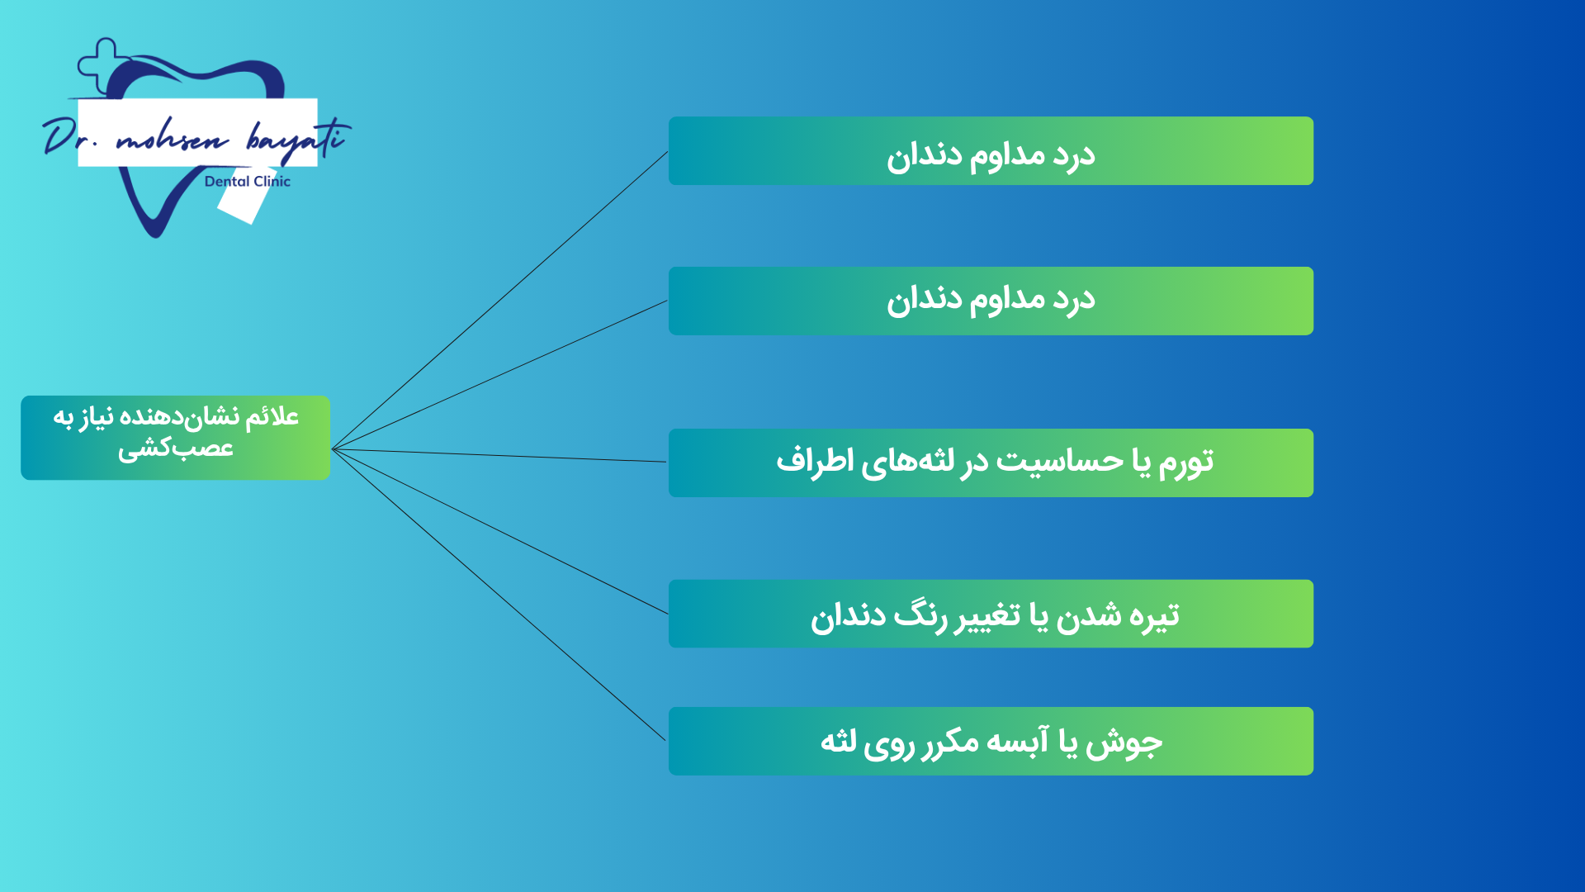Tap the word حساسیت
coord(1060,461)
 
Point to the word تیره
coord(1151,616)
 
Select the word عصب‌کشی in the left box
coord(176,449)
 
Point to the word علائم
coord(272,416)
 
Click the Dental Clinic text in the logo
coord(248,182)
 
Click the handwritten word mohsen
coord(173,140)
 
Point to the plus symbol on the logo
coord(103,64)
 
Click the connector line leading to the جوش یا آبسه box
coord(499,595)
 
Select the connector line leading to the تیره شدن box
coord(499,531)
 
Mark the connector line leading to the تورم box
coord(499,455)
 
